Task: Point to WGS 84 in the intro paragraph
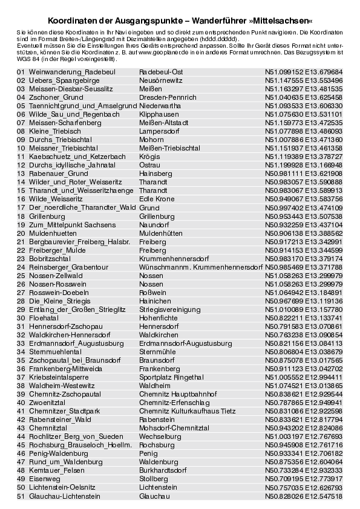(x=25, y=59)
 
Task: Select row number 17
(x=21, y=207)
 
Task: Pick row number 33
(x=21, y=343)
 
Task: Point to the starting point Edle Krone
(x=157, y=199)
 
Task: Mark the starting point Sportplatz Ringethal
(x=171, y=377)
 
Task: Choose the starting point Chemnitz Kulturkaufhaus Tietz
(x=187, y=410)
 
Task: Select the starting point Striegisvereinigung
(x=169, y=309)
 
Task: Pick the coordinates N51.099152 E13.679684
(x=303, y=72)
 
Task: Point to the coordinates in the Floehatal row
(x=303, y=317)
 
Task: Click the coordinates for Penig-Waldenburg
(x=303, y=453)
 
